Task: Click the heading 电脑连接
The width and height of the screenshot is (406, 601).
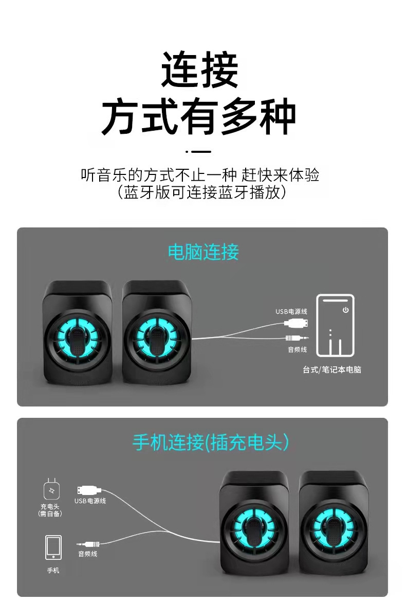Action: pyautogui.click(x=203, y=252)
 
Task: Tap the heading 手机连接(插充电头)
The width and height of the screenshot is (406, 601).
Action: pyautogui.click(x=211, y=443)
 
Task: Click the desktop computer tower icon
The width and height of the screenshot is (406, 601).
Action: pyautogui.click(x=335, y=325)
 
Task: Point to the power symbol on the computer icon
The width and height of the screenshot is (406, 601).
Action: pyautogui.click(x=346, y=310)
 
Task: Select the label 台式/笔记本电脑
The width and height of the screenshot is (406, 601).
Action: pyautogui.click(x=331, y=369)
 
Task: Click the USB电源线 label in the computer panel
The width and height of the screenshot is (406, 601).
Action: pyautogui.click(x=291, y=311)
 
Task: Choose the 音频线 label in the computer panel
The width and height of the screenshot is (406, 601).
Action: pyautogui.click(x=297, y=350)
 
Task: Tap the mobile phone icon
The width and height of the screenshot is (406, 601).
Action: pyautogui.click(x=53, y=547)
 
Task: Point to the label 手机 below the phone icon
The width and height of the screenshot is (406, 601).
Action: pyautogui.click(x=53, y=571)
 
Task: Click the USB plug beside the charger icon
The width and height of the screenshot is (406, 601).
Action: pyautogui.click(x=89, y=489)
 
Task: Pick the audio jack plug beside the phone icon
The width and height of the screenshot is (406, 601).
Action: pyautogui.click(x=88, y=543)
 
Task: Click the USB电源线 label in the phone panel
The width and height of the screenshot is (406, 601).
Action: pyautogui.click(x=90, y=501)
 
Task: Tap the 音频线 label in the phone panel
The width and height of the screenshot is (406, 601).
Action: pyautogui.click(x=87, y=554)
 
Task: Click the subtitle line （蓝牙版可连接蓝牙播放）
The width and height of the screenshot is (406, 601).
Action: pyautogui.click(x=201, y=192)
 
